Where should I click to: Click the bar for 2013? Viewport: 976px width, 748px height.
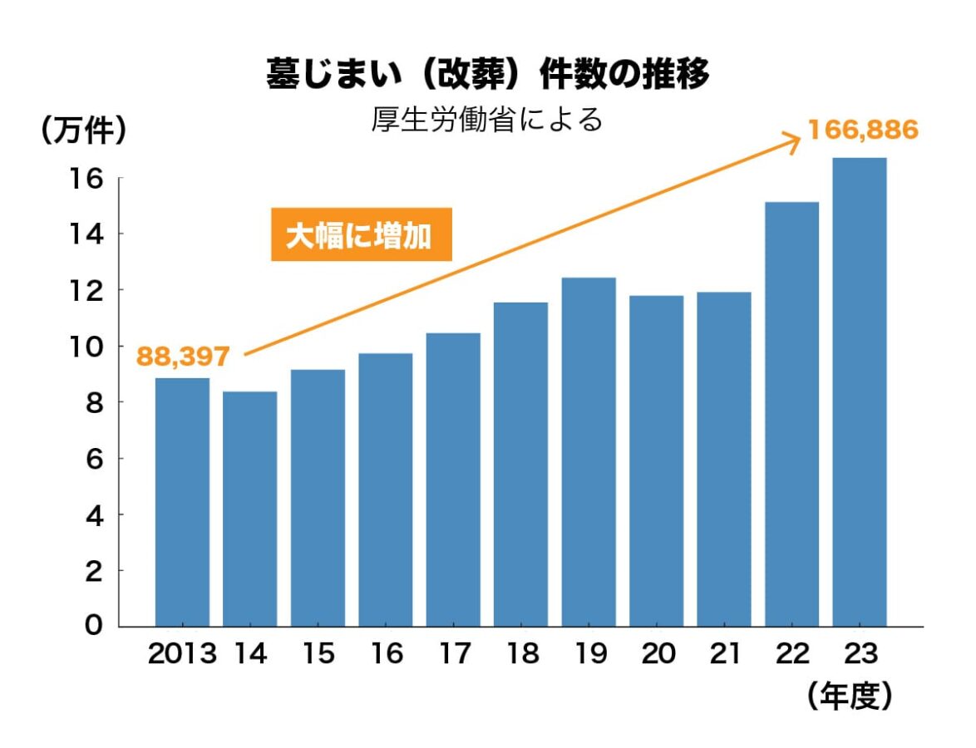tap(182, 502)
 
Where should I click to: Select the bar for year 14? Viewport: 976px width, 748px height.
tap(249, 509)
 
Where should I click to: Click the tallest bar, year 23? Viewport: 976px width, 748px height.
tap(859, 391)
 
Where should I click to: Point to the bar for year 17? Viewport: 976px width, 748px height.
tap(453, 480)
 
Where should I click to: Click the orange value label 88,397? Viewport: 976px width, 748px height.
tap(183, 357)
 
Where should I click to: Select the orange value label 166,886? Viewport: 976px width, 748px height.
tap(863, 130)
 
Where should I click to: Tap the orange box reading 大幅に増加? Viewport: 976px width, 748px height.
tap(362, 235)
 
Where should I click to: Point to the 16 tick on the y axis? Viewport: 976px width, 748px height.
tap(92, 179)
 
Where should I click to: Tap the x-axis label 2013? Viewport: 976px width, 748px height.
tap(182, 654)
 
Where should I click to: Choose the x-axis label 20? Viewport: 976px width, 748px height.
tap(657, 654)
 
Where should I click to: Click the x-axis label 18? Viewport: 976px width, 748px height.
tap(521, 654)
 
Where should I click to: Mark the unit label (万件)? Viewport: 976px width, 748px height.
tap(83, 130)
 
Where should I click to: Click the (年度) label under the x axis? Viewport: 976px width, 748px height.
tap(849, 696)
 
